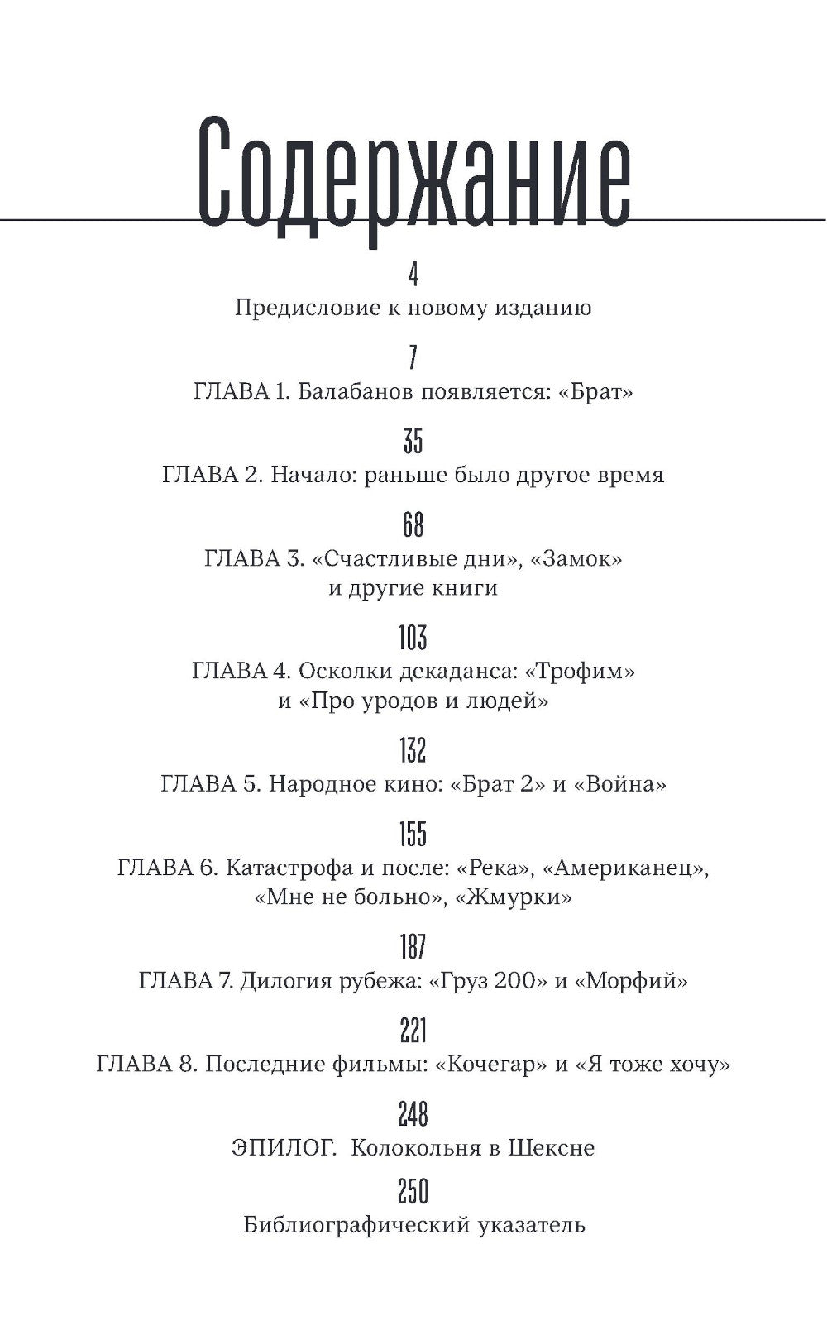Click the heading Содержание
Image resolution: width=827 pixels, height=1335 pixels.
413,177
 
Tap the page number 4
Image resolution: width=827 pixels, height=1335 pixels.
413,273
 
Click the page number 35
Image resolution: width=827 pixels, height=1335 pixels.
413,441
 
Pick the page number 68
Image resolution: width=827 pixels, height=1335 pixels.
413,524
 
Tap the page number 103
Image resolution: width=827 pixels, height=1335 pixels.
413,638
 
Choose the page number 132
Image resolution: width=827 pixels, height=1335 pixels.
413,750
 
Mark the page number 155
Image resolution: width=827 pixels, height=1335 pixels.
413,834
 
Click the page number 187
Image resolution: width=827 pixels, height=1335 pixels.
413,946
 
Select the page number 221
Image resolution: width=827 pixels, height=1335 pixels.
413,1031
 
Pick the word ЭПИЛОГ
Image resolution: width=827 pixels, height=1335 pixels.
284,1148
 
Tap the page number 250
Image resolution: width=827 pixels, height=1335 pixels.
413,1192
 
